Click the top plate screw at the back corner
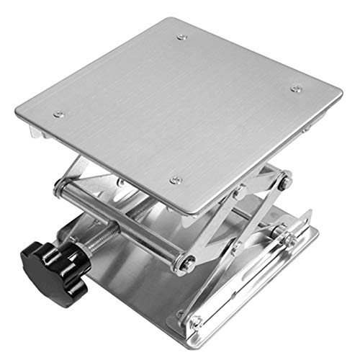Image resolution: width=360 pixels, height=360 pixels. (181, 37)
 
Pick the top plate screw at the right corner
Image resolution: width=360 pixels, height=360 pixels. (295, 89)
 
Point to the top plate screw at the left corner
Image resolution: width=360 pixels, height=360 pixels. (59, 114)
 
